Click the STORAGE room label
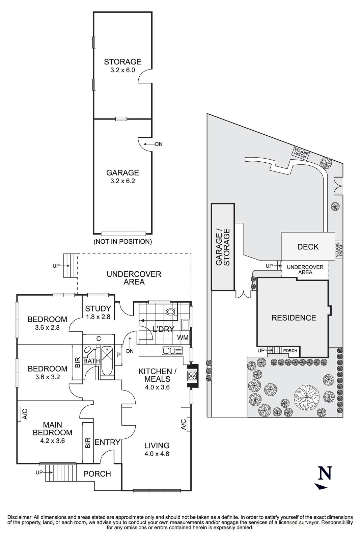(122, 62)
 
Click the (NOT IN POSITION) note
(122, 242)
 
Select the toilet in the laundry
(172, 311)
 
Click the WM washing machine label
(183, 337)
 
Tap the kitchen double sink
(172, 351)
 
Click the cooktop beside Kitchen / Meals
(193, 376)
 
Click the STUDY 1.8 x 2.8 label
(98, 312)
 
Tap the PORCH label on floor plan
(97, 474)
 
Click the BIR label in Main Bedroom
(88, 442)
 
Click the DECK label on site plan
(308, 247)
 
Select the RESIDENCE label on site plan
(294, 318)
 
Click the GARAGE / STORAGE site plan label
(222, 247)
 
